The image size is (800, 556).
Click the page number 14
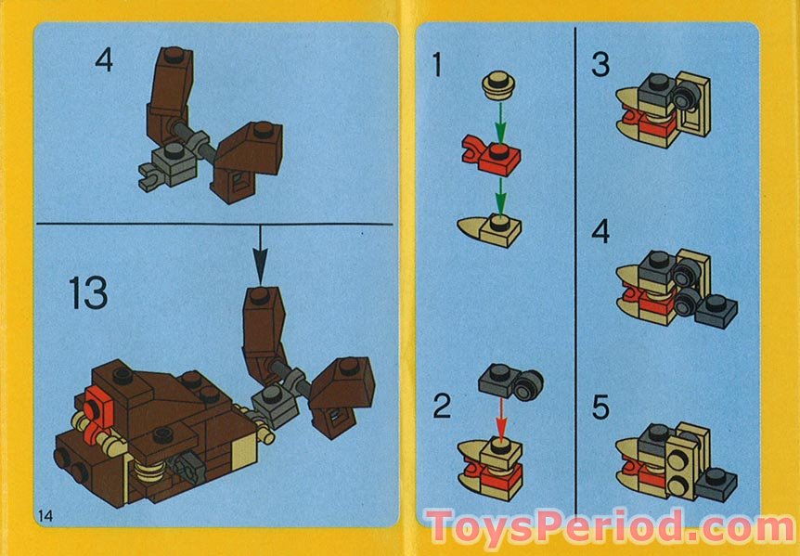coord(46,514)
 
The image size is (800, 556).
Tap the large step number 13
coord(87,294)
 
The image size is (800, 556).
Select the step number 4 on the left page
coord(105,62)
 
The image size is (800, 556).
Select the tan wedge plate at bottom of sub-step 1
coord(489,226)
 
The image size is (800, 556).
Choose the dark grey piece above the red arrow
coord(510,381)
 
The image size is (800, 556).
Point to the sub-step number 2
coord(443,406)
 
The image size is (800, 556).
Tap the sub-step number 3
coord(600,66)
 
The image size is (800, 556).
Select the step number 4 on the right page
coord(601,230)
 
